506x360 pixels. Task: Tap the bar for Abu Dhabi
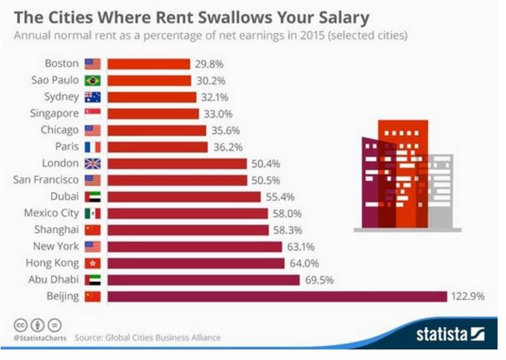pos(204,280)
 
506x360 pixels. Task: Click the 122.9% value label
pos(468,296)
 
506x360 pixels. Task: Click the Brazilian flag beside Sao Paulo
pos(92,80)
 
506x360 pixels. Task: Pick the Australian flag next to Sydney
pos(92,96)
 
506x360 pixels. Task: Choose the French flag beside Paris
pos(92,146)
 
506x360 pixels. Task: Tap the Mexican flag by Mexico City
pos(92,213)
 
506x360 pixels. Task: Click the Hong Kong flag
pos(92,263)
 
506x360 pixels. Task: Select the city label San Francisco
pos(46,179)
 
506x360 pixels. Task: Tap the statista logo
pos(450,332)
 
